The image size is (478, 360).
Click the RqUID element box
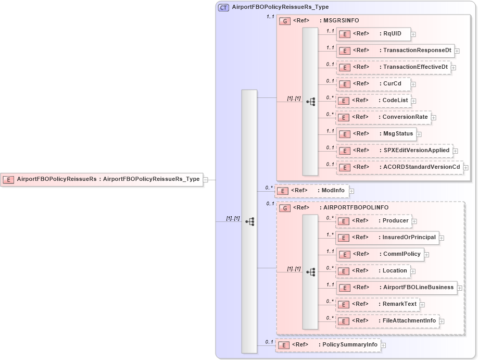coord(373,34)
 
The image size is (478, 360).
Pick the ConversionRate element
coord(384,117)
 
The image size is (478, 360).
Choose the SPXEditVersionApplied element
coord(394,151)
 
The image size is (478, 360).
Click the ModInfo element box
coord(311,191)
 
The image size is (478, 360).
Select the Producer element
coord(373,221)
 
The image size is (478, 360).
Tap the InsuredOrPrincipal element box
coord(386,238)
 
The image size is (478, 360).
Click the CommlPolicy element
coord(380,254)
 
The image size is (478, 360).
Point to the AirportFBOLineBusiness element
coord(396,288)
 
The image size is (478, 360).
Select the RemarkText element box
coord(378,304)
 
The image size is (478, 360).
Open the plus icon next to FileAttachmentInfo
coord(442,321)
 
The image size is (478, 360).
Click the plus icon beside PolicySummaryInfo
coord(383,345)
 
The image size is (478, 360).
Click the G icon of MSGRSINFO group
coord(285,21)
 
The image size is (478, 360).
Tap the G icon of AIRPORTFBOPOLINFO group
coord(285,208)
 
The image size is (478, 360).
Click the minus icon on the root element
coord(206,179)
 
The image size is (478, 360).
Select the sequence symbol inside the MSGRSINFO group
coord(310,102)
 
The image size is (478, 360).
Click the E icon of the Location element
coord(343,271)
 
